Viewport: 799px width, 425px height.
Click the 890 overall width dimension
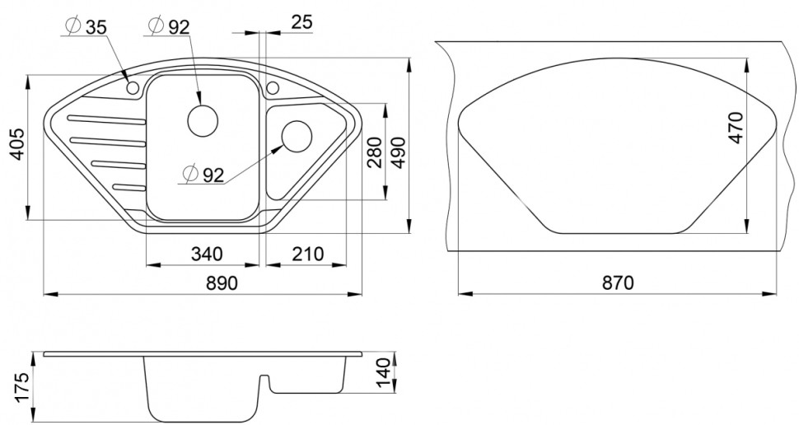(x=222, y=283)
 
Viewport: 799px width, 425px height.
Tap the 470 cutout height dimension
(x=736, y=128)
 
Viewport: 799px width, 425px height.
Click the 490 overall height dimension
(x=399, y=153)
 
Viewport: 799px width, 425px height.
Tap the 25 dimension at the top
(x=301, y=23)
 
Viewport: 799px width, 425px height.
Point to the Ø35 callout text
(x=86, y=26)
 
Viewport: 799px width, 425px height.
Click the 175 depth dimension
(x=20, y=385)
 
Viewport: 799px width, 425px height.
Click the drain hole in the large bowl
(x=203, y=120)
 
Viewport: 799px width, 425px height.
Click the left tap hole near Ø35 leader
(x=132, y=87)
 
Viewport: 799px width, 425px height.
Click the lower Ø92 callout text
(x=203, y=174)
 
